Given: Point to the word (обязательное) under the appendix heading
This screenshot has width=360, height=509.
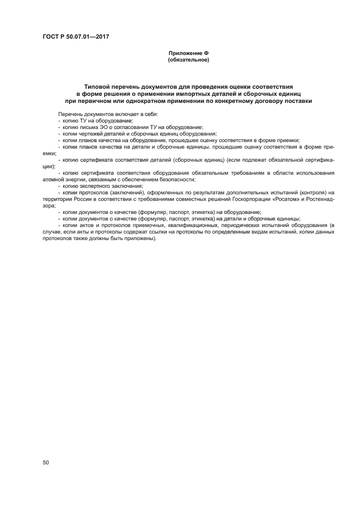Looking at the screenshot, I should point(188,60).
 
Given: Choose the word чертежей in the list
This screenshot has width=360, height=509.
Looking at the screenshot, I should point(92,133).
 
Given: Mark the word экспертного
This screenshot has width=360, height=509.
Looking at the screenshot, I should point(95,186).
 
